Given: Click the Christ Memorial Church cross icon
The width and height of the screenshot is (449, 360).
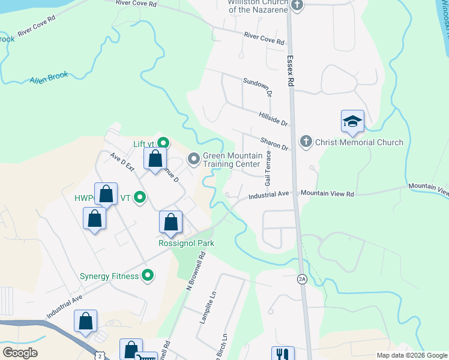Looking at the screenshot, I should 306,142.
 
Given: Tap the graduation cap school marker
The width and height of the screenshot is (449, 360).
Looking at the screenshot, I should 352,122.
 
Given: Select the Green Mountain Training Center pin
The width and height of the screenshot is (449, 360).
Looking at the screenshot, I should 194,160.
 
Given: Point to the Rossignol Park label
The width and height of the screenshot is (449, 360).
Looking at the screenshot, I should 186,243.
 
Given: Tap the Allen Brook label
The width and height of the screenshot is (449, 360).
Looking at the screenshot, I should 49,78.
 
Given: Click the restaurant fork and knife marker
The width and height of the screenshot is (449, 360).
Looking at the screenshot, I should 280,355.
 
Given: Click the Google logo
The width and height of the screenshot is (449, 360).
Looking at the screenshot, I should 20,352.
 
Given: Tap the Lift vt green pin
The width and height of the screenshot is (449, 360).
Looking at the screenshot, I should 162,143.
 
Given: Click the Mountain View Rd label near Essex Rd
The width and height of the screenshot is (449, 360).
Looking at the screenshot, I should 328,194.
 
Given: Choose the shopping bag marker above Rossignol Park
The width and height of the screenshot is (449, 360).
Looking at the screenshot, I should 171,222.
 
